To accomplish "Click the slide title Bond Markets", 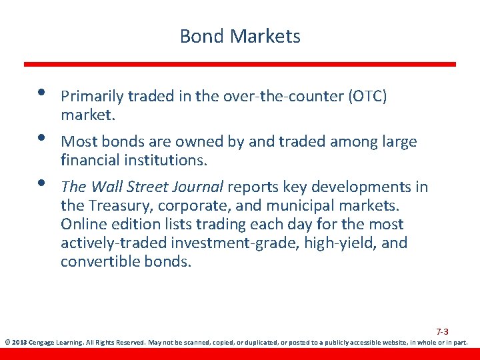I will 240,36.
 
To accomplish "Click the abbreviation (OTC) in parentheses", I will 367,97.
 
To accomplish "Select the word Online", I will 83,224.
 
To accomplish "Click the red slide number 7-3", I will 442,331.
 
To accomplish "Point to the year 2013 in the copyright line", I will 19,343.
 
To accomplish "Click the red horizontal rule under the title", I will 240,64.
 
